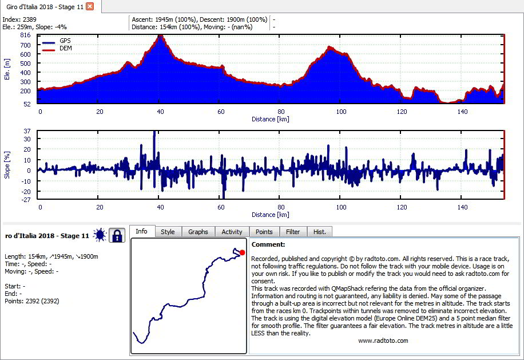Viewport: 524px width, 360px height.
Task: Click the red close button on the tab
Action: pos(90,6)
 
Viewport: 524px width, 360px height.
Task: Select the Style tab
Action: pos(168,232)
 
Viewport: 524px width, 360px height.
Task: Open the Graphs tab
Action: pos(198,232)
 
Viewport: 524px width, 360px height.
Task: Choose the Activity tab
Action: pos(232,232)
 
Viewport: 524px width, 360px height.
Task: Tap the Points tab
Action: pos(264,232)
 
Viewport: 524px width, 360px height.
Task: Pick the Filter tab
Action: pos(293,232)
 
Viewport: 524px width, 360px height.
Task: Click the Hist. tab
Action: pos(319,232)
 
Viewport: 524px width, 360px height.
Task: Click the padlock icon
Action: pos(117,235)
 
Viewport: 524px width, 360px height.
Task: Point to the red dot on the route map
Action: pos(243,252)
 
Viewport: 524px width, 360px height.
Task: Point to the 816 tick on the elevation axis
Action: pos(25,35)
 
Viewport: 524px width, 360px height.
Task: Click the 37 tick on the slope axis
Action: pos(27,131)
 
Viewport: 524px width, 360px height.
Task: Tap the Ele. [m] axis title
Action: pos(7,69)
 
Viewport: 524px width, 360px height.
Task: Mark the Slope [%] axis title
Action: pos(7,165)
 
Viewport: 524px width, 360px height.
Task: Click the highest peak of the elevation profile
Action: pos(161,35)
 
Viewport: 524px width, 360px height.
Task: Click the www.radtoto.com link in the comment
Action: pos(383,341)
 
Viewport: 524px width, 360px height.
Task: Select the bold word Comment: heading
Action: pos(268,244)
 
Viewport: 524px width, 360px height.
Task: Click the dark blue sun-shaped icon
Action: pos(100,235)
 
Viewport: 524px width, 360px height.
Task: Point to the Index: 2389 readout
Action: pos(19,19)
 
